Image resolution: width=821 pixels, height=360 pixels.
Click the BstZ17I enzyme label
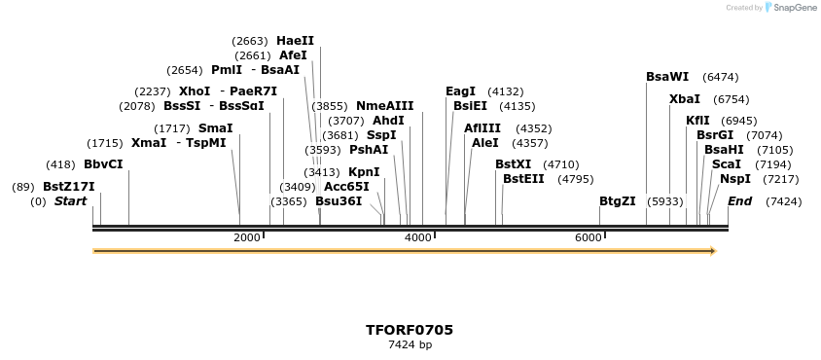point(68,187)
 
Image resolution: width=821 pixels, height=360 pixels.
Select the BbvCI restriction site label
point(103,164)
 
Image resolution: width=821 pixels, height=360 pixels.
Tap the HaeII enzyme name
point(295,41)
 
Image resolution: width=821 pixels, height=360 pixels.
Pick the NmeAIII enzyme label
point(384,106)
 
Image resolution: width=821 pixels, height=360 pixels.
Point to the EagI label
point(460,91)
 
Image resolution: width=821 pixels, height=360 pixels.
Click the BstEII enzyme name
point(523,179)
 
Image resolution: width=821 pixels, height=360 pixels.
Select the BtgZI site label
point(617,201)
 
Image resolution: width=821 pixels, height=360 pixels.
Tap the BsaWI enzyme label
point(667,77)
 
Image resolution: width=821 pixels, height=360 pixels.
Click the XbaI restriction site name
point(685,99)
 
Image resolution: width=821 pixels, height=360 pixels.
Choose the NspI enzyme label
point(735,179)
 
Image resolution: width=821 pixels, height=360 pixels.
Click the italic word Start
point(70,201)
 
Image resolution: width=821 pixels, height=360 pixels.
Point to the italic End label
point(739,201)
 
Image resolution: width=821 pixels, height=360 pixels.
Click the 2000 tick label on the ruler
point(247,237)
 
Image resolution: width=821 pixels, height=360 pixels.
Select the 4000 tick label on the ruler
point(418,237)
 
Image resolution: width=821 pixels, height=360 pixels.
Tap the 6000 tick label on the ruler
point(589,237)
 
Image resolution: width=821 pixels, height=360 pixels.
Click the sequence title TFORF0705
point(410,330)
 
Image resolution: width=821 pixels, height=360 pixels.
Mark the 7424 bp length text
point(410,344)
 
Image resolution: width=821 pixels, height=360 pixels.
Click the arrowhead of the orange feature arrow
point(713,251)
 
